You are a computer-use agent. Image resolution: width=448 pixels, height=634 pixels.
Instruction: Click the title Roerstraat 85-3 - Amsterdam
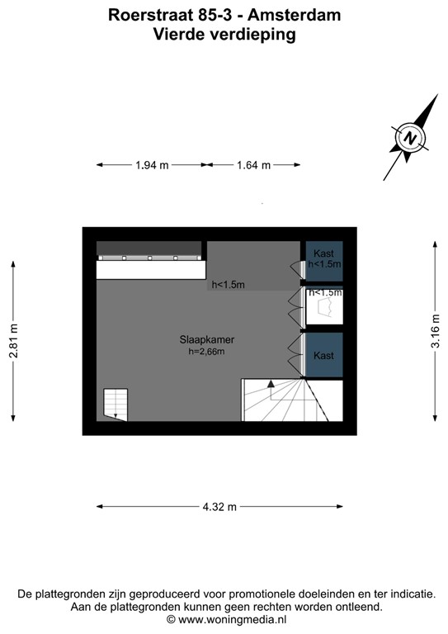pos(224,15)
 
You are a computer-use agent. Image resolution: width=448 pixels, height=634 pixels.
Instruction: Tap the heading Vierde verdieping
pos(224,34)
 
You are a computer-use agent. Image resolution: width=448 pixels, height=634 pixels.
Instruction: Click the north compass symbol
pos(410,137)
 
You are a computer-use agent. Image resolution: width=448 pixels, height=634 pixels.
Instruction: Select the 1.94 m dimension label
pos(152,165)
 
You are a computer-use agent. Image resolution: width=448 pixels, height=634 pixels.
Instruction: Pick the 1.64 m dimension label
pos(253,165)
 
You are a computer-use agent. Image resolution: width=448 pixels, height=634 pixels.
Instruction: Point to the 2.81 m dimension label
pos(13,341)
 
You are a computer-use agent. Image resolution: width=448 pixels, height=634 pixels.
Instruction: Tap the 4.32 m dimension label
pos(220,506)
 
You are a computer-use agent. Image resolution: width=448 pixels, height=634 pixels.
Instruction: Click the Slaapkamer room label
pos(206,339)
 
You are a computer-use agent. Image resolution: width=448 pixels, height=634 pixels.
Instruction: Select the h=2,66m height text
pos(206,352)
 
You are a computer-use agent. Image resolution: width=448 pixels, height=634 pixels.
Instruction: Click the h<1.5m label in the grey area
pos(228,285)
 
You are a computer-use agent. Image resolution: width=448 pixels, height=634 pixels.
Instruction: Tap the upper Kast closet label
pos(323,253)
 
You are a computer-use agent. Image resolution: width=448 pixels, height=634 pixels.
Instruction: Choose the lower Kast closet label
pos(323,355)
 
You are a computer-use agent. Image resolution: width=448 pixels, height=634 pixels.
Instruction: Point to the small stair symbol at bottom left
pos(115,404)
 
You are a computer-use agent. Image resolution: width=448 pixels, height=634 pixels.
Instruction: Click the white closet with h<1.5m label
pos(323,308)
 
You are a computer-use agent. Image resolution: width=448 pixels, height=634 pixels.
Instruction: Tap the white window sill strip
pos(149,270)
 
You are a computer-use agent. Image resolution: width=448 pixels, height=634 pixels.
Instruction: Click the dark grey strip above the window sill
pos(149,248)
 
